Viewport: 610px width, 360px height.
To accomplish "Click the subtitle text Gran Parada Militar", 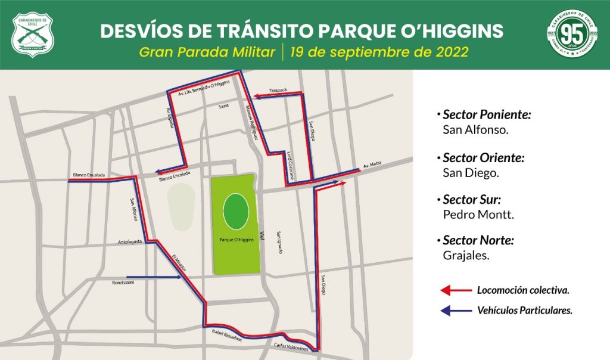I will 207,51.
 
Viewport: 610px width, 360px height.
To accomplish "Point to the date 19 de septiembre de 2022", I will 379,51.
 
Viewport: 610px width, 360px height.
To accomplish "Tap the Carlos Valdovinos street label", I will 290,346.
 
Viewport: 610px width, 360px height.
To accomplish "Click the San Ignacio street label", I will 279,243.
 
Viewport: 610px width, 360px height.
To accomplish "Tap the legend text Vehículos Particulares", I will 525,311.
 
